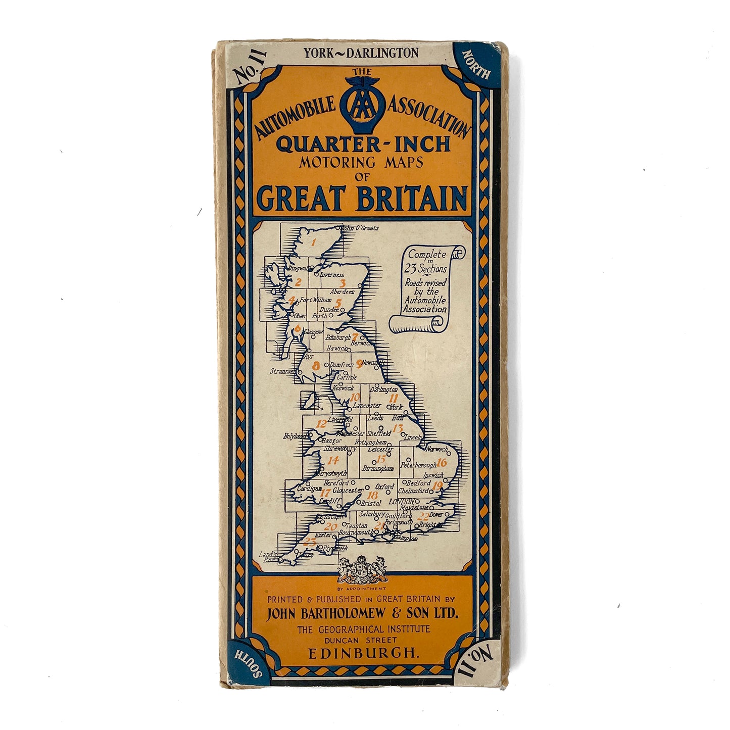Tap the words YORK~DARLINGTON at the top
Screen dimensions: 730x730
click(x=361, y=53)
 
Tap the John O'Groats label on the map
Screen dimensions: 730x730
click(x=361, y=228)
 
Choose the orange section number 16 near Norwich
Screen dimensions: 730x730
click(x=442, y=462)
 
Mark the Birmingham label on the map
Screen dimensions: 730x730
click(x=378, y=469)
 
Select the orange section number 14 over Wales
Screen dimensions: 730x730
click(x=333, y=460)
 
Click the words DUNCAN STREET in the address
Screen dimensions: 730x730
click(x=363, y=641)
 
